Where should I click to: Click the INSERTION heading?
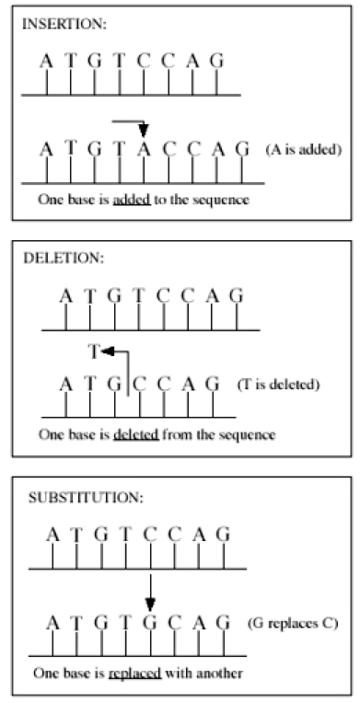tap(64, 24)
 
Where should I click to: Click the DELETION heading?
tap(64, 259)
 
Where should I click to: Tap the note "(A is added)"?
tap(303, 150)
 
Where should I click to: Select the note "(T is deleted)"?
tap(278, 386)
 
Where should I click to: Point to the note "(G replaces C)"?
tap(292, 624)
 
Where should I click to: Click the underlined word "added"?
tap(132, 199)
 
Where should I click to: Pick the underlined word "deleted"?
tap(136, 434)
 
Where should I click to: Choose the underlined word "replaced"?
tap(134, 674)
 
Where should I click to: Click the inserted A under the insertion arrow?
tap(144, 149)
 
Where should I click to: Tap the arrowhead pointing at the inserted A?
tap(144, 131)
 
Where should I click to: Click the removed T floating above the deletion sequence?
tap(93, 352)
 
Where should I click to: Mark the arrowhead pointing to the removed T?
tap(107, 351)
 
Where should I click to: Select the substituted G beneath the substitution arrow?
tap(150, 623)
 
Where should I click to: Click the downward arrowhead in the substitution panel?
tap(150, 605)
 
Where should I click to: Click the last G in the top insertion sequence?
tap(216, 61)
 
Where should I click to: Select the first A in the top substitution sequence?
tap(53, 535)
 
